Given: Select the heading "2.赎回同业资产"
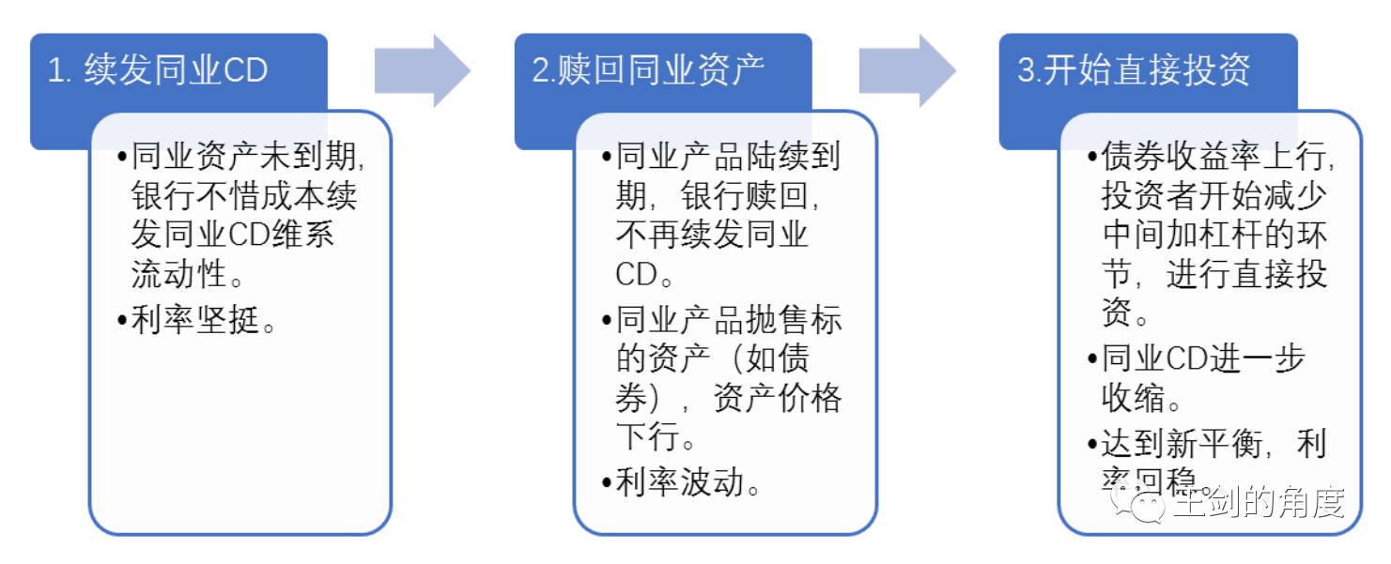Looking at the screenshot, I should tap(648, 70).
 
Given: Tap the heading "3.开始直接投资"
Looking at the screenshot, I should tap(1134, 70).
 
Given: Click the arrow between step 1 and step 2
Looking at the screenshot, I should tap(422, 70).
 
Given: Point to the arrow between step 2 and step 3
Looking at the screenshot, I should tap(906, 70).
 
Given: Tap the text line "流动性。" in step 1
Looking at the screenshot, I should tap(188, 274).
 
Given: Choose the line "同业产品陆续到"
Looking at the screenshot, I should tap(728, 156).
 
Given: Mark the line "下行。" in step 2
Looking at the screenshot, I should tap(657, 437).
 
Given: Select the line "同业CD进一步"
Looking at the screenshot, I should tap(1203, 358).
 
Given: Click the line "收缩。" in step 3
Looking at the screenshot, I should tap(1142, 398).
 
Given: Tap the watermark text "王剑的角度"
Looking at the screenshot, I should tap(1259, 504).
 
